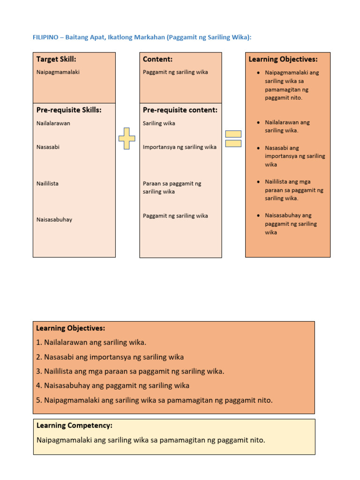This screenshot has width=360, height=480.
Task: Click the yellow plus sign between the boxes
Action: (127, 138)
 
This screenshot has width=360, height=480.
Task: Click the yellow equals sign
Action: (233, 138)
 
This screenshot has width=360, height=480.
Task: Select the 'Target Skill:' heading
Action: (56, 60)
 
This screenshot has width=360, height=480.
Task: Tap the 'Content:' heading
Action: (157, 60)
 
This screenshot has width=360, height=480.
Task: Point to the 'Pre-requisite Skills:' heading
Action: (69, 110)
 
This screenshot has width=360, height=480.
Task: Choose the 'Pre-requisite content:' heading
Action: (180, 110)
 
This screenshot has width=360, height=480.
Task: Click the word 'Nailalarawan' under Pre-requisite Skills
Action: (53, 123)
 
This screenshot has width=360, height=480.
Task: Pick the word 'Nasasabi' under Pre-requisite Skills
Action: (48, 147)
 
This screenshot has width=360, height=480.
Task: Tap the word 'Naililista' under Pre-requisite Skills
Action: (47, 183)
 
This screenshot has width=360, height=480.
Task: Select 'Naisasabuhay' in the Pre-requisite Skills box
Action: (54, 219)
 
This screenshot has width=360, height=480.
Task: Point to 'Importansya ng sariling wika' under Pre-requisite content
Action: (180, 147)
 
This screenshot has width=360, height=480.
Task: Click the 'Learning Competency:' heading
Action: (74, 426)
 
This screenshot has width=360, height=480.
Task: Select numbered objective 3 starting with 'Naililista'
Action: (130, 371)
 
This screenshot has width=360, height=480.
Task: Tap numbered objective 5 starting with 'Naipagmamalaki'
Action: (154, 400)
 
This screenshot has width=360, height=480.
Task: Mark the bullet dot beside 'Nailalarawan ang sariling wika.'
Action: (259, 122)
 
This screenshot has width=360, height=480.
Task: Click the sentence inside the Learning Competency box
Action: (150, 440)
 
